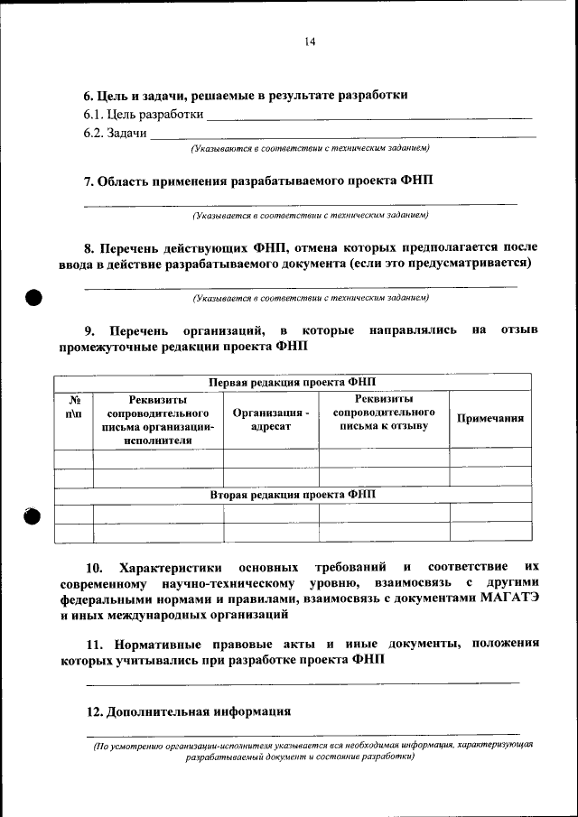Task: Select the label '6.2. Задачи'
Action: coord(116,133)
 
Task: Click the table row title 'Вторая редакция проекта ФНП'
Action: coord(292,495)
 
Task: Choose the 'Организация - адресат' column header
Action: coord(271,419)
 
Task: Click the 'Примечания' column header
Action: coord(490,419)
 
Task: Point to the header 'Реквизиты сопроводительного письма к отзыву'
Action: coord(384,412)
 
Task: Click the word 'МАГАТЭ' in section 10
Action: coord(508,599)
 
